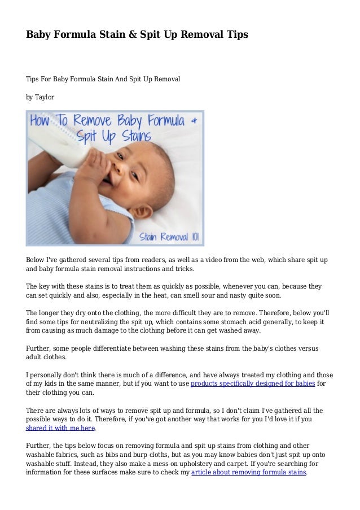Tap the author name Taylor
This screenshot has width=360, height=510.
coord(45,97)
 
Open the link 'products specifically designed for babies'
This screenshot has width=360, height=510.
coord(253,384)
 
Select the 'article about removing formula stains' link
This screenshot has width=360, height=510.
coord(248,472)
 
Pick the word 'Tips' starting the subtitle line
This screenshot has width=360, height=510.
coord(33,80)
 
